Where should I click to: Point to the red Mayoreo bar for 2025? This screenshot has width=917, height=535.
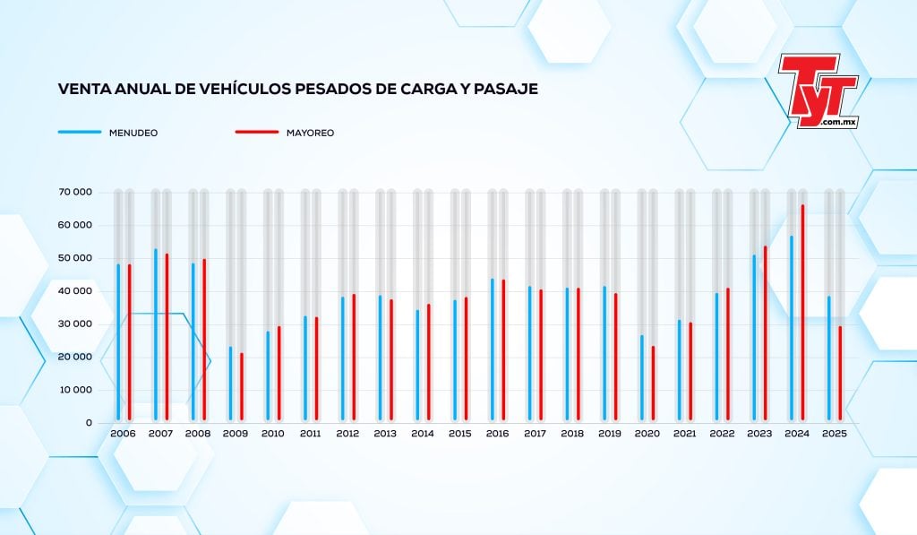840,373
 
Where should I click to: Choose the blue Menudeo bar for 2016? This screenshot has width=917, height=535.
492,349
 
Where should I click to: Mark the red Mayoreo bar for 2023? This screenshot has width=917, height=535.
765,332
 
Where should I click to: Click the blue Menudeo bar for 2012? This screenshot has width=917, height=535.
342,358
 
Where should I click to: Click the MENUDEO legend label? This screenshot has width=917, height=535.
133,133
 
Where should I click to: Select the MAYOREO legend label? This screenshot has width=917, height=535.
310,133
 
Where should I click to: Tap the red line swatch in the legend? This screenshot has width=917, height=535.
257,133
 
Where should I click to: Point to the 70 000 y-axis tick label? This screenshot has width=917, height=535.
76,192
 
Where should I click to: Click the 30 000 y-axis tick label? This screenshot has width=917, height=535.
76,324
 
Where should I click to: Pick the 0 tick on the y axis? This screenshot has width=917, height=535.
89,422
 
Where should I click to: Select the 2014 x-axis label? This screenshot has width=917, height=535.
423,434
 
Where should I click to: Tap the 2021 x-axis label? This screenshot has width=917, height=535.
684,434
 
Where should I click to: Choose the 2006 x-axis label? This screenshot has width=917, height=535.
123,434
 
